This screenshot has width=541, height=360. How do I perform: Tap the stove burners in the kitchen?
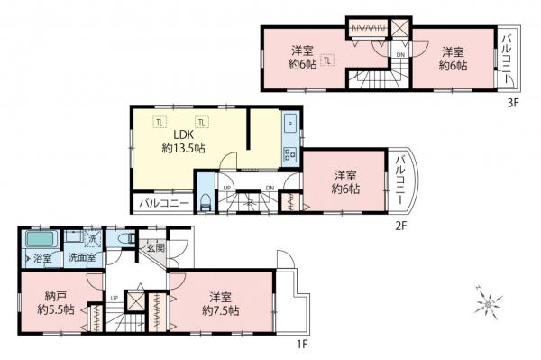pyautogui.click(x=290, y=153)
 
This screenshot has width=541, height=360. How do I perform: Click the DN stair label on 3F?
pyautogui.click(x=400, y=56)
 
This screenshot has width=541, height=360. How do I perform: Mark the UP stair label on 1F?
pyautogui.click(x=114, y=297)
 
